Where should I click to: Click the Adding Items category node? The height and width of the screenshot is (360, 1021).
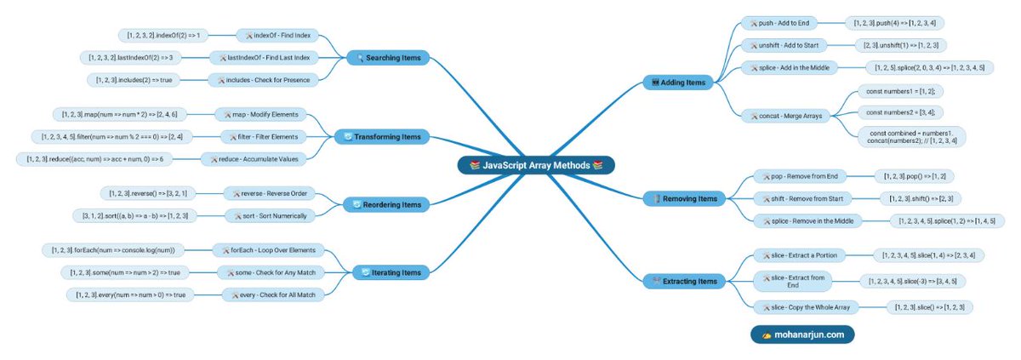pos(677,83)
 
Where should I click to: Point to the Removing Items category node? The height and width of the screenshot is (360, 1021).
pos(683,198)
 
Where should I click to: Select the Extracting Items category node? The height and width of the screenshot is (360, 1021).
pos(684,280)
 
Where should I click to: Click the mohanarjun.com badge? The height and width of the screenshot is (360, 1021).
pos(801,334)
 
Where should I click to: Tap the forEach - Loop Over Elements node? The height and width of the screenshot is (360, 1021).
pos(268,250)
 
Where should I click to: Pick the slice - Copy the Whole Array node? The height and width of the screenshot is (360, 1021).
pos(805,306)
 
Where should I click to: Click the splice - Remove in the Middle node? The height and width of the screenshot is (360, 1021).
pos(808,221)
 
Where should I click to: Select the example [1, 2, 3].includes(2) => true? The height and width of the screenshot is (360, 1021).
pos(134,80)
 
